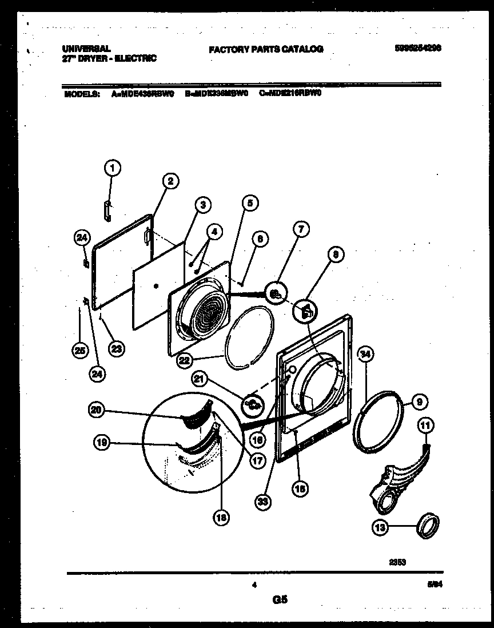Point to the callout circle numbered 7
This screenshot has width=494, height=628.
pyautogui.click(x=301, y=230)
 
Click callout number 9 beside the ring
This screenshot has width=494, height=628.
pyautogui.click(x=419, y=402)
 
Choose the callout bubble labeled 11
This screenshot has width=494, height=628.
pyautogui.click(x=427, y=425)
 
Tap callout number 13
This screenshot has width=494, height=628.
pyautogui.click(x=380, y=528)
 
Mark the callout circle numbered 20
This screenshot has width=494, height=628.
pyautogui.click(x=97, y=410)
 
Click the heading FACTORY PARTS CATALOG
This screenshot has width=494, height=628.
pyautogui.click(x=266, y=49)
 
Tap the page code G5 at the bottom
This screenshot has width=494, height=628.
pyautogui.click(x=280, y=600)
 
